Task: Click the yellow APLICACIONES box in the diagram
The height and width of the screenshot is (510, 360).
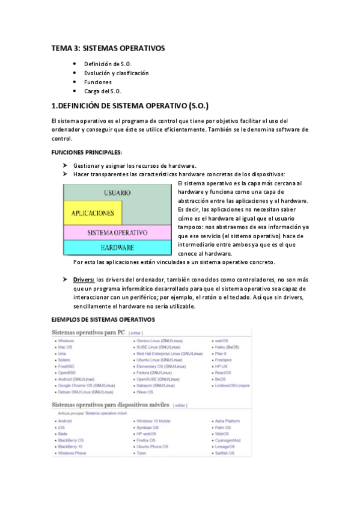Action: coord(93,213)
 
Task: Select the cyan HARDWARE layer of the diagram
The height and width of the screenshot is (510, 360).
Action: coord(117,247)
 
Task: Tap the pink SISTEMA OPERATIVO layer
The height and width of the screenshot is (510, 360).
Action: coord(117,232)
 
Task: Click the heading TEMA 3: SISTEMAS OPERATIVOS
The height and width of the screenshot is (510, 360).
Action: coord(107,48)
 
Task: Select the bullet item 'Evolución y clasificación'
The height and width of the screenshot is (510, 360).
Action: coord(116,73)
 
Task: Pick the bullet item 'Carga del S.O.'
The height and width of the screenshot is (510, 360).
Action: coord(102,91)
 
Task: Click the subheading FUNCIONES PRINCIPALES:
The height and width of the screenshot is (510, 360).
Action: coord(87,152)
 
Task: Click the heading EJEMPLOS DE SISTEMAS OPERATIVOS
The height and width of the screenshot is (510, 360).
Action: coord(103,319)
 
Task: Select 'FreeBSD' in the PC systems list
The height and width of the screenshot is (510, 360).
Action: coord(66,366)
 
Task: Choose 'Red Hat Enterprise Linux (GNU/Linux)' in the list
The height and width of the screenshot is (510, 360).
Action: coord(169,354)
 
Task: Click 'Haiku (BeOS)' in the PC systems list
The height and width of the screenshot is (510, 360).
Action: coord(227,348)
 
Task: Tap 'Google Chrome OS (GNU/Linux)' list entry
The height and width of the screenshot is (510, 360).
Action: coord(85,386)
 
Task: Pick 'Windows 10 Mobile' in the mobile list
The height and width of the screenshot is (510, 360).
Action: coord(153,421)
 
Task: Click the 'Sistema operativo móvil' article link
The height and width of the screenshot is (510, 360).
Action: coord(106,414)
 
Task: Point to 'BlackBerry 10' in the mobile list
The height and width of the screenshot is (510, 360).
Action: coord(70,447)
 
